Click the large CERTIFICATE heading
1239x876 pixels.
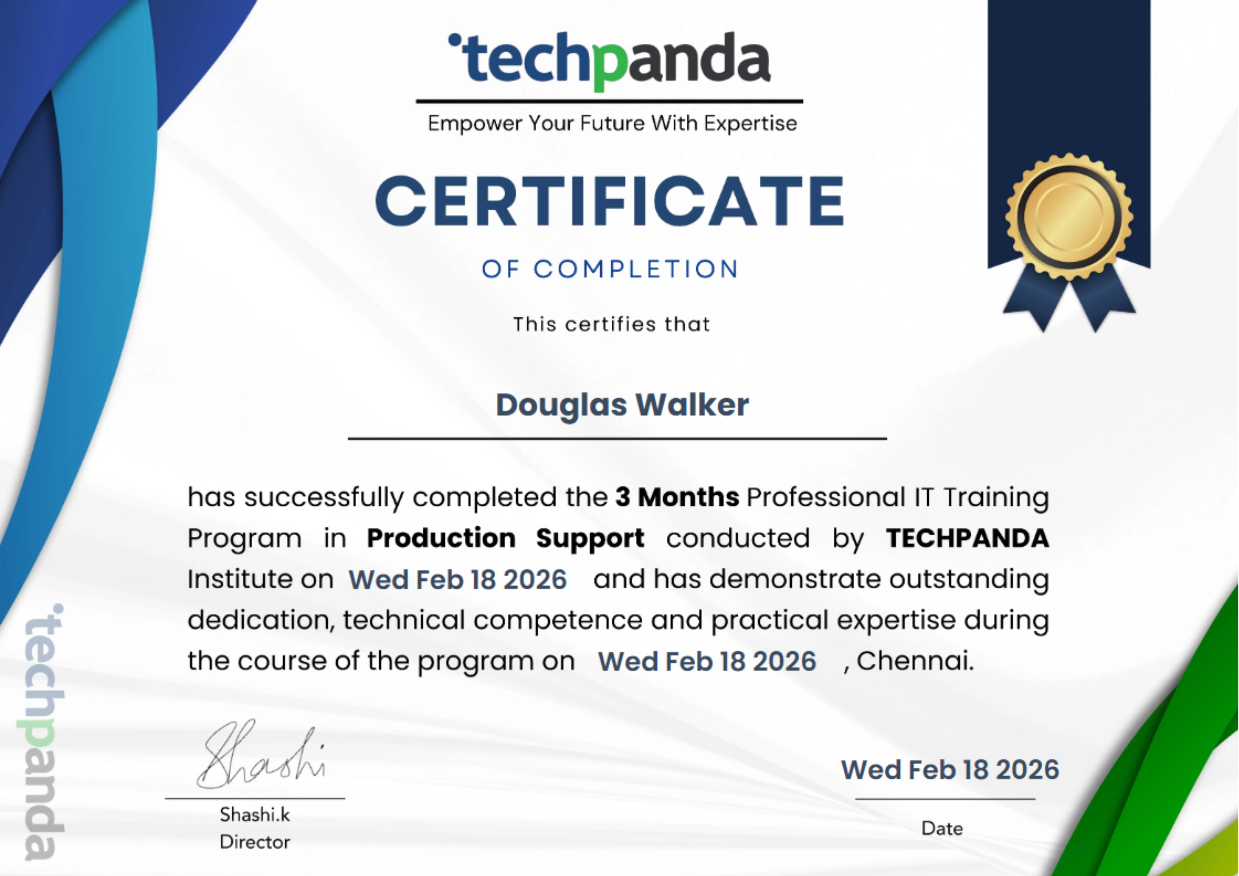610,201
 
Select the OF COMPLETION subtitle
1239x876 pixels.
610,269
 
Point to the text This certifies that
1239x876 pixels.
611,324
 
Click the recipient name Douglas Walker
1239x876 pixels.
622,405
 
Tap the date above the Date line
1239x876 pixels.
950,770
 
